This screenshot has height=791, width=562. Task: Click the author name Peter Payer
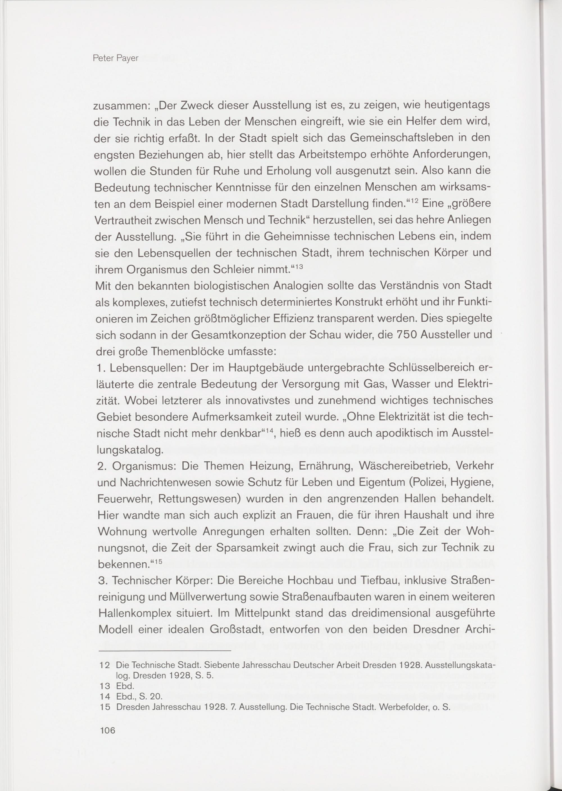(x=115, y=58)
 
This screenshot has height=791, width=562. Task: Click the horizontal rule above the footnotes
(x=165, y=651)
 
